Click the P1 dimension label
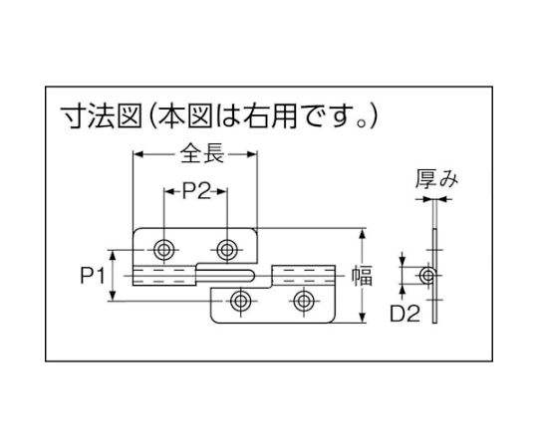[93, 276]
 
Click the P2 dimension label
[196, 191]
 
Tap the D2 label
[404, 314]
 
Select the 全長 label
[202, 153]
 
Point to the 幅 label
[362, 277]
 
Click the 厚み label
[436, 179]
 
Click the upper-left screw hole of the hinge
[164, 250]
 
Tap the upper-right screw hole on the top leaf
[227, 250]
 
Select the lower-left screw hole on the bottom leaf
[241, 302]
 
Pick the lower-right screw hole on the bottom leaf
[304, 302]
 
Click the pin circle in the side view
[427, 275]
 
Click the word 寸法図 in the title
[102, 116]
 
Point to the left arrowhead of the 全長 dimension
[137, 154]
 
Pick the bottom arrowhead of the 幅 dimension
[362, 318]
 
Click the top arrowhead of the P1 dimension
[113, 255]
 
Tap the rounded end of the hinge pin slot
[252, 275]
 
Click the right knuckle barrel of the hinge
[303, 275]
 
